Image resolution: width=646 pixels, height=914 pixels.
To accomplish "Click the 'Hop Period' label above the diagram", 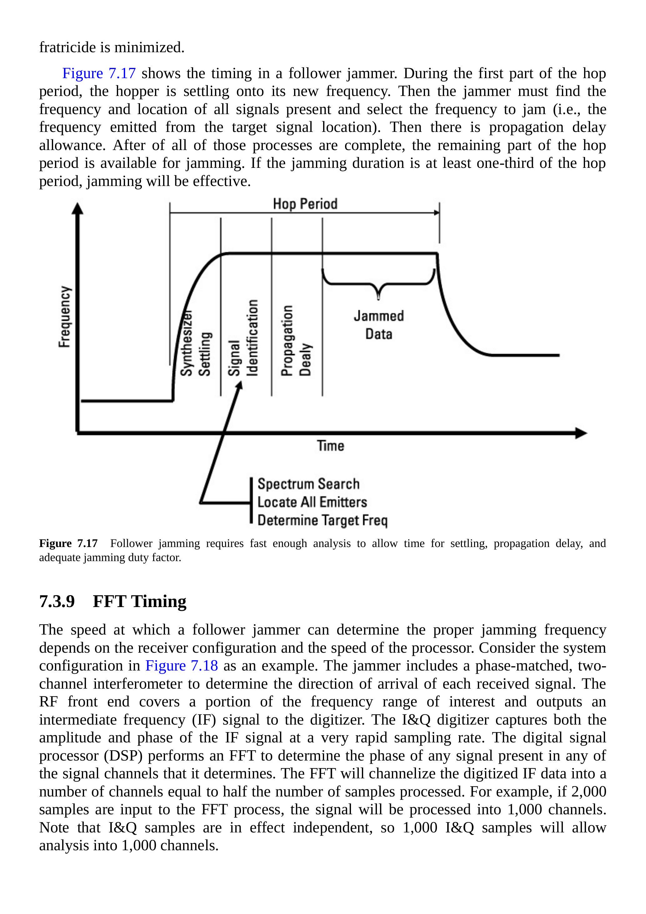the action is point(305,204).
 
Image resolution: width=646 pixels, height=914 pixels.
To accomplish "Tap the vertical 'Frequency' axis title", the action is point(65,316).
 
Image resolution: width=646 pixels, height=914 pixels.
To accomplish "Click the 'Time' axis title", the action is point(330,445).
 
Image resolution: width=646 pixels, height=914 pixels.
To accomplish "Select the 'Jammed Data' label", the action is point(378,325).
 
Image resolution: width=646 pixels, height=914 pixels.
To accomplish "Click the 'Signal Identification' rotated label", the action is point(243,338).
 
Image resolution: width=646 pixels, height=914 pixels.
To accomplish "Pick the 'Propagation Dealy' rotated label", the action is point(296,340).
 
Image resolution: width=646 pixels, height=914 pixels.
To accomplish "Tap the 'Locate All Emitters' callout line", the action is point(312,502).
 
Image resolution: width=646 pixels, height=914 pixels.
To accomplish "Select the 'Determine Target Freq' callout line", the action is point(323,520).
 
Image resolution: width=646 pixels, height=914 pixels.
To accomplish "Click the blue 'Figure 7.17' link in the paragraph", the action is point(99,73).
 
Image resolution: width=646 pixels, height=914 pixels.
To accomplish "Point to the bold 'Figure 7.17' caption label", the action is point(68,543).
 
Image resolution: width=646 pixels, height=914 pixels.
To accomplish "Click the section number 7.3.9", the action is point(57,601).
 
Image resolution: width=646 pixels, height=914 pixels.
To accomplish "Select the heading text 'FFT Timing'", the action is point(139,601).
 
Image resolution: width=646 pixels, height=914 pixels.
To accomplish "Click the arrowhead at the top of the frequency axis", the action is point(77,208).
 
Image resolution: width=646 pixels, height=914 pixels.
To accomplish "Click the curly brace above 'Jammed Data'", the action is point(378,284).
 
